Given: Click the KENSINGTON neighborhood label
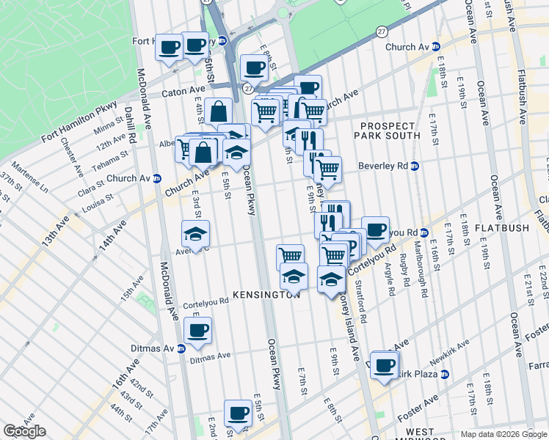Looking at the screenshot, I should [x=267, y=294].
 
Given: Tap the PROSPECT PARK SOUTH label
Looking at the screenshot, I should [x=388, y=131].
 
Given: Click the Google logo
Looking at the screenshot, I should [x=24, y=431].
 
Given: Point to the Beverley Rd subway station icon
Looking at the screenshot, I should [x=414, y=166].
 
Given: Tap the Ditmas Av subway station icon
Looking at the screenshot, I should [x=181, y=348].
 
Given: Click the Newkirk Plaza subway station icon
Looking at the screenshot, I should [x=444, y=374].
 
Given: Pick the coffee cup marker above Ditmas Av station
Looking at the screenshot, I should [x=197, y=330].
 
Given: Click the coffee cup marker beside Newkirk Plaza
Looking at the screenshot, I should [x=384, y=364].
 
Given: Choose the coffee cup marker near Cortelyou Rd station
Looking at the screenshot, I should [x=375, y=230].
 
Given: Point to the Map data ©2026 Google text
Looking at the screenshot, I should [x=503, y=434].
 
